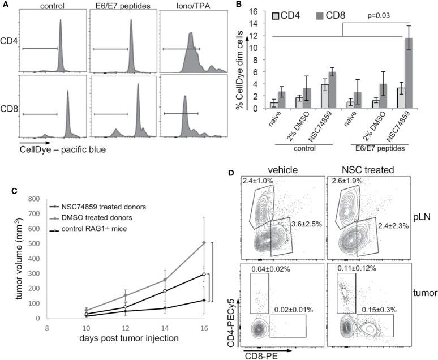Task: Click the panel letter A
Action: click(5, 5)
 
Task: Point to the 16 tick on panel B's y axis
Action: click(237, 11)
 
